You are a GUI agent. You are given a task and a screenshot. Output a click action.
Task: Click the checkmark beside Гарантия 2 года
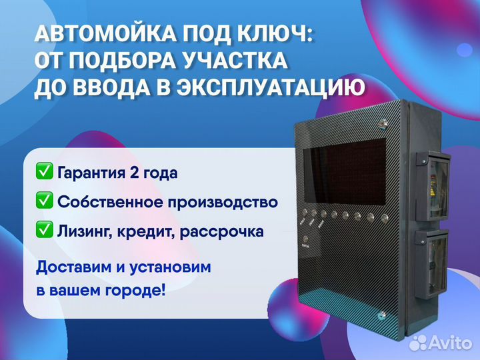(x=45, y=171)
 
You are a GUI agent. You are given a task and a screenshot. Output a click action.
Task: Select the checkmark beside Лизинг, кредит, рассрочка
(x=45, y=229)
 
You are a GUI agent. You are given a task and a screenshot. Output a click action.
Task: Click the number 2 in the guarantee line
(x=134, y=173)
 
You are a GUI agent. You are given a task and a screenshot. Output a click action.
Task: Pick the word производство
(x=223, y=203)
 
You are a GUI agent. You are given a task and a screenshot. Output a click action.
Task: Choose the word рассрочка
(x=221, y=232)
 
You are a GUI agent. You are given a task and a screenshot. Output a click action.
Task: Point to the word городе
(x=135, y=290)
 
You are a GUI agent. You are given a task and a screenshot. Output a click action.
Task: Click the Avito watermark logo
(x=441, y=343)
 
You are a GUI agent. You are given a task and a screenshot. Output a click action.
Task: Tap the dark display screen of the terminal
(x=345, y=172)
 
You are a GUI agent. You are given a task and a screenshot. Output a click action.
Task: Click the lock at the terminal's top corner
(x=383, y=124)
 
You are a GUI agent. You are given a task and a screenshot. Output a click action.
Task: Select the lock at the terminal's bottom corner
(x=383, y=315)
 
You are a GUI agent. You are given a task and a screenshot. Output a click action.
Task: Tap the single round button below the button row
(x=305, y=239)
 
